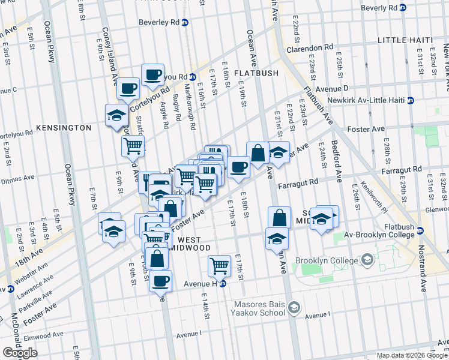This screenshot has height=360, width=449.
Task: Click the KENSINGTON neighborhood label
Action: [x=64, y=128]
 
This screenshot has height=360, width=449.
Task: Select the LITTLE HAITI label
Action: [x=405, y=40]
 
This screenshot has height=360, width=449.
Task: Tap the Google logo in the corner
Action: [x=20, y=353]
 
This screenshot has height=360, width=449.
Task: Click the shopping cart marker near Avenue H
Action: [x=220, y=265]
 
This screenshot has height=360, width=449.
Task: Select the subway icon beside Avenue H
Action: [x=222, y=284]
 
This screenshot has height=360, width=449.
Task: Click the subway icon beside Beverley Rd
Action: [x=185, y=23]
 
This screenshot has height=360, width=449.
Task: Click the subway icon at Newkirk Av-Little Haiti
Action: [x=411, y=100]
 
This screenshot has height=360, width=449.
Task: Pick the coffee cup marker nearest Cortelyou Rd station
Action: [x=152, y=75]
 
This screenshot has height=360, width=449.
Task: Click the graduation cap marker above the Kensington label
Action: [x=116, y=115]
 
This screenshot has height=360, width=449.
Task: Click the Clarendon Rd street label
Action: [x=309, y=47]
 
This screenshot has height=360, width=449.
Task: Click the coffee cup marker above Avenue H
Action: [x=160, y=281]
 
